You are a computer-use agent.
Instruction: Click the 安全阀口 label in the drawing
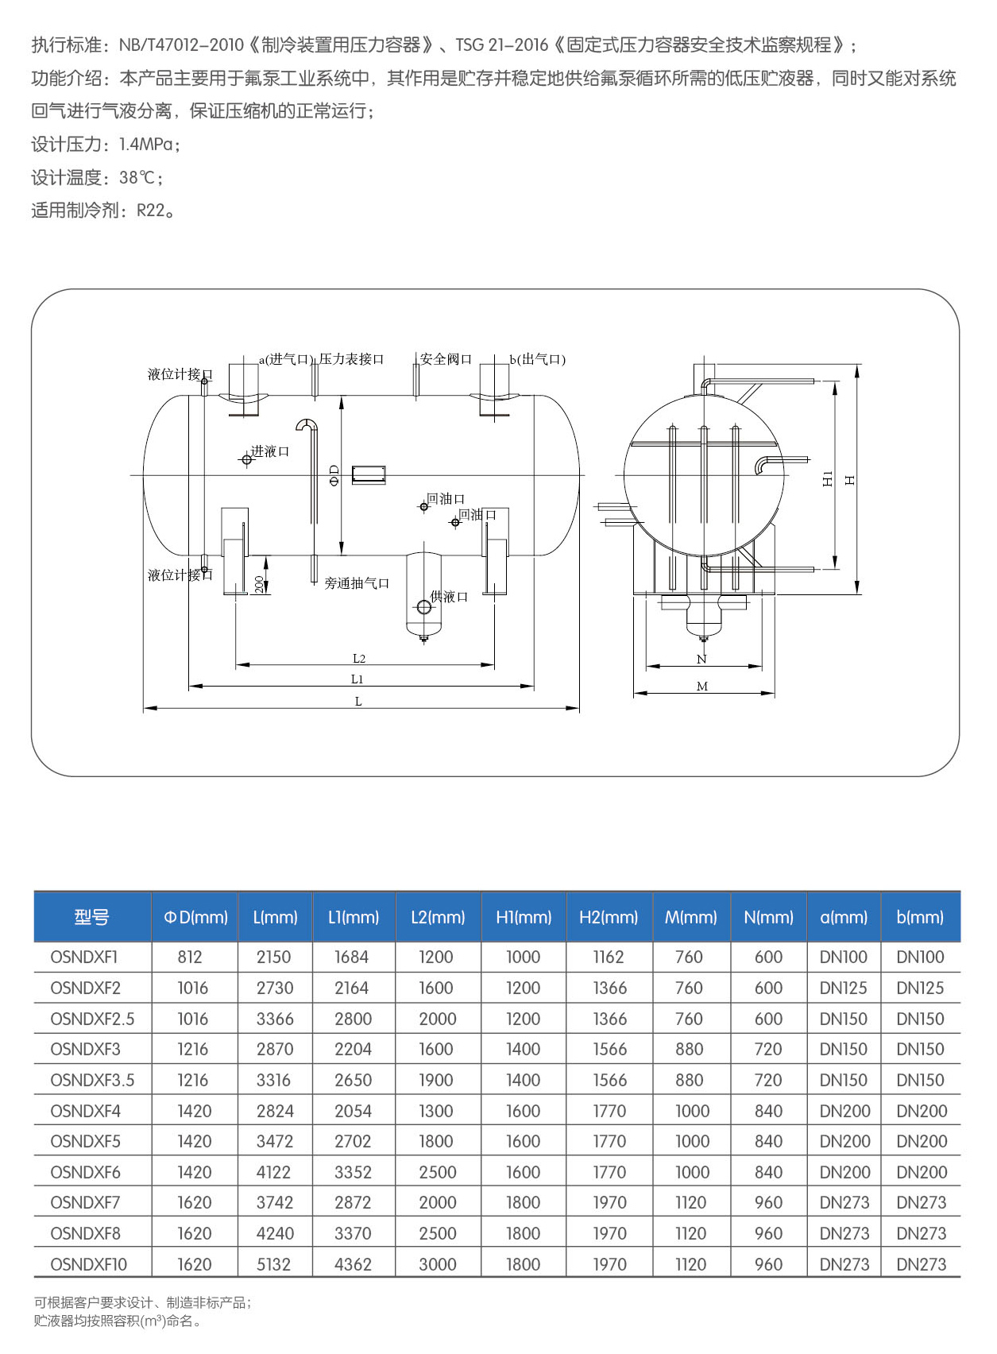tap(446, 359)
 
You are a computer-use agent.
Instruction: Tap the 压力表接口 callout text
tap(351, 359)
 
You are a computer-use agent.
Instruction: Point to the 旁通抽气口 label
tap(357, 583)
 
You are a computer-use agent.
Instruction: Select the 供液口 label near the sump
tap(449, 597)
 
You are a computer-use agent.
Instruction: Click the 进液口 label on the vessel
tap(270, 451)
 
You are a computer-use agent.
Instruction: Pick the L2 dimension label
tap(359, 659)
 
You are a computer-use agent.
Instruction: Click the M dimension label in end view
tap(702, 687)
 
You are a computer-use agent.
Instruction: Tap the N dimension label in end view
tap(701, 660)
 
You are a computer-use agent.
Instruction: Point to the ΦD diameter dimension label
tap(334, 475)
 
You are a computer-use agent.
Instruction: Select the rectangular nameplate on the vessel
tap(368, 475)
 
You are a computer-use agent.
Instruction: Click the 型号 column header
tap(91, 917)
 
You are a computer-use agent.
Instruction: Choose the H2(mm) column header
tap(609, 917)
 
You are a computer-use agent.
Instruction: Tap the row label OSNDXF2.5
tap(92, 1019)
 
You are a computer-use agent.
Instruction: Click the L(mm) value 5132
tap(274, 1264)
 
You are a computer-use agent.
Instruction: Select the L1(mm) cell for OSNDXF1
tap(351, 957)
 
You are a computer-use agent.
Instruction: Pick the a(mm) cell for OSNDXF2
tap(844, 988)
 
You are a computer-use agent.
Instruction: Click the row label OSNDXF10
tap(88, 1264)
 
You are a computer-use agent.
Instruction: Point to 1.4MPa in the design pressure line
tap(147, 145)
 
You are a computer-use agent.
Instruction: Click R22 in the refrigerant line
tap(151, 211)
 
